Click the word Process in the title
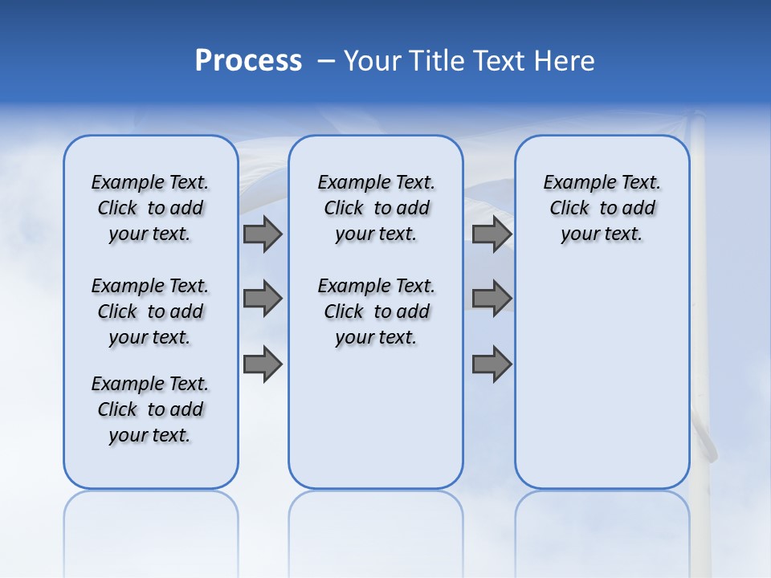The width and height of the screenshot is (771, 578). (x=248, y=61)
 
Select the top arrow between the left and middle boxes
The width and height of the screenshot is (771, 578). (x=263, y=234)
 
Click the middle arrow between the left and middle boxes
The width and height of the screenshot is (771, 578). (x=263, y=299)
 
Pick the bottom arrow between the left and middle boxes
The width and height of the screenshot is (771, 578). (x=263, y=364)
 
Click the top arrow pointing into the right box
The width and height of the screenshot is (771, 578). (x=492, y=234)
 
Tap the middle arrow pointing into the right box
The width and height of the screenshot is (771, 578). (x=492, y=299)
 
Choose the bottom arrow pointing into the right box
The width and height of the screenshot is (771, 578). (x=492, y=364)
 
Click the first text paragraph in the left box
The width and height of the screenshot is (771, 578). (x=150, y=208)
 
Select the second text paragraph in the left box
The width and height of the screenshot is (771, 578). (x=150, y=311)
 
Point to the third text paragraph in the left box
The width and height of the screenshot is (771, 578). (x=150, y=409)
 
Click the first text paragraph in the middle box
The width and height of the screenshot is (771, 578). (x=376, y=208)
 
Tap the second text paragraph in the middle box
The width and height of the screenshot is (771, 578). (x=376, y=311)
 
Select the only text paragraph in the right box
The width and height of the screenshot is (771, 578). (x=602, y=208)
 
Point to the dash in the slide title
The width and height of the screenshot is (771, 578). (x=326, y=61)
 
